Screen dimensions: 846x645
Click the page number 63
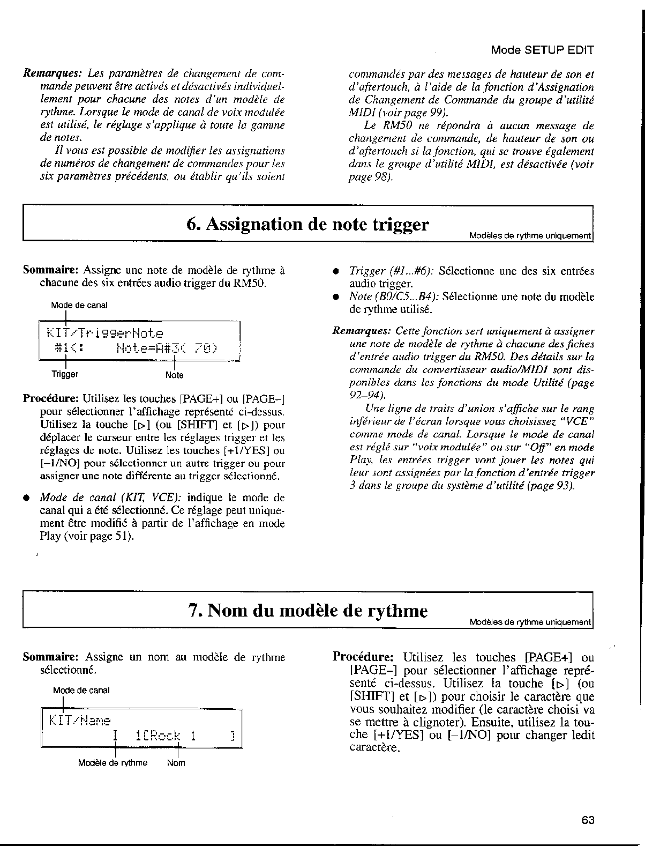(x=587, y=820)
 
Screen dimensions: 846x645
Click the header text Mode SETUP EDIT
(x=542, y=50)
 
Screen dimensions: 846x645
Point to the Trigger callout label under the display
(x=65, y=374)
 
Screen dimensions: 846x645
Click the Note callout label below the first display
(x=175, y=375)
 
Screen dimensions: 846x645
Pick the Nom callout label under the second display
(x=176, y=762)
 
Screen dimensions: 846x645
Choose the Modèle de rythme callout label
(x=112, y=762)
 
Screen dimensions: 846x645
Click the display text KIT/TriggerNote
(x=105, y=333)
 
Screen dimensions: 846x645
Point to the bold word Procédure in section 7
(x=364, y=657)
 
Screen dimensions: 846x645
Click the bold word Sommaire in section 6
(x=51, y=270)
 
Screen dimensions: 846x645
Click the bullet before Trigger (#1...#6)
(x=336, y=271)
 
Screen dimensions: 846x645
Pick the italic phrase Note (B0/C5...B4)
(x=394, y=296)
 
